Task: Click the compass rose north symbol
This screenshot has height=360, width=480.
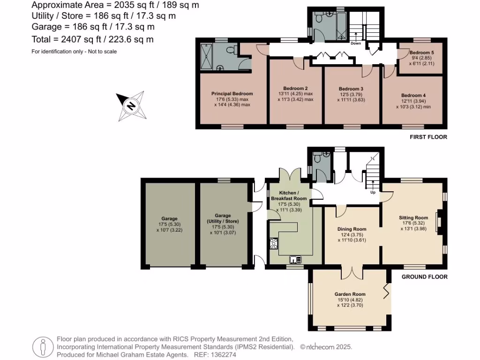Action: pos(131,105)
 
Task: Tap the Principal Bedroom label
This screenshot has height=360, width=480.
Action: pos(232,93)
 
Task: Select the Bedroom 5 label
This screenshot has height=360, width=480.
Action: pos(420,52)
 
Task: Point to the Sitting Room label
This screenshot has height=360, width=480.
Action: pos(413,217)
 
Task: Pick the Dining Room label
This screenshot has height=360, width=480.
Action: pos(352,229)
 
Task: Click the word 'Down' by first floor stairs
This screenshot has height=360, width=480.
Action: pos(355,44)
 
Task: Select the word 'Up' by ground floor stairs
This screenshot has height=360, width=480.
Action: pos(373,192)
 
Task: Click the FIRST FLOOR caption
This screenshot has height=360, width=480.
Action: pos(428,137)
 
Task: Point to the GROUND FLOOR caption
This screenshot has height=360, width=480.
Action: pos(424,277)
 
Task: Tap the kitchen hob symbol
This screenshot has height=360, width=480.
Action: pos(274,244)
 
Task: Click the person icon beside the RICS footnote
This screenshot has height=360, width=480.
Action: pos(43,347)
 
